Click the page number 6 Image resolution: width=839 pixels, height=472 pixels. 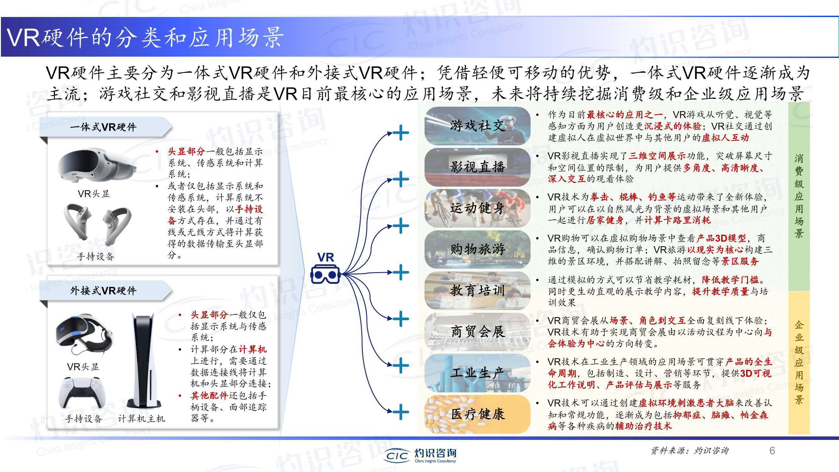coord(772,451)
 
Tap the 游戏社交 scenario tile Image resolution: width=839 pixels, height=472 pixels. coord(477,126)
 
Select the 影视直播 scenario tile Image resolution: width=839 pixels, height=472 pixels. coord(477,167)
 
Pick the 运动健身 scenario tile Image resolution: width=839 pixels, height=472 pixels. coord(477,208)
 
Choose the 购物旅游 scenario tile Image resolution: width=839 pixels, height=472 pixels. coord(477,250)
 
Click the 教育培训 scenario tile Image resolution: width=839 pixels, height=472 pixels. coord(477,290)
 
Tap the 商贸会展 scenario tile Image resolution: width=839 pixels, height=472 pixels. coord(477,332)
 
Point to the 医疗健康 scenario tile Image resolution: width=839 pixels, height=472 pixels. coord(477,414)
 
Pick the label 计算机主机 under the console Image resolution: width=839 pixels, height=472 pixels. coord(141,419)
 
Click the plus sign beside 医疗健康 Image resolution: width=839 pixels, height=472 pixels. coord(401,412)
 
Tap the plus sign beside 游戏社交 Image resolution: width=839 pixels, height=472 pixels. coord(401,132)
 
